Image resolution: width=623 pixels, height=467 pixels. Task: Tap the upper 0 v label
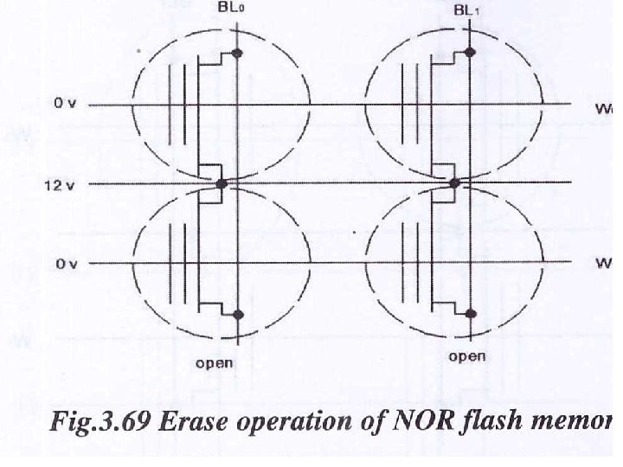tap(66, 104)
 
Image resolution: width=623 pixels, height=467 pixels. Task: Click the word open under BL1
tap(467, 356)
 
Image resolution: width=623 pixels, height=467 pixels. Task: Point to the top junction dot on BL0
tap(239, 54)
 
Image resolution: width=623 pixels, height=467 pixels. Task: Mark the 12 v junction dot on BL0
tap(222, 184)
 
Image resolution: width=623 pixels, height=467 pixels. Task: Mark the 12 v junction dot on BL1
tap(455, 182)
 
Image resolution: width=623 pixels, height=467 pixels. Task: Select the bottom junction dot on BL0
tap(239, 314)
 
